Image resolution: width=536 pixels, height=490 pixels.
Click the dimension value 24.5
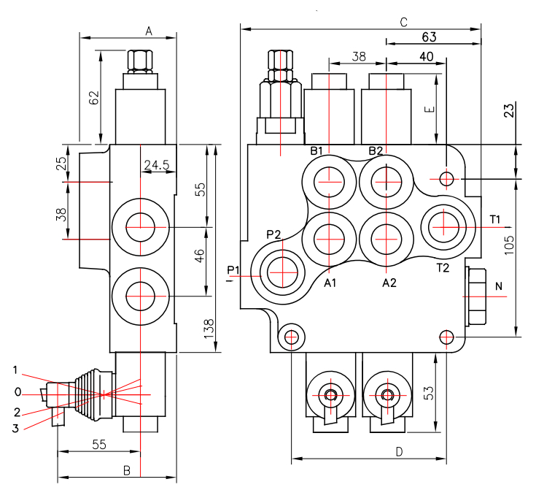[x=157, y=165]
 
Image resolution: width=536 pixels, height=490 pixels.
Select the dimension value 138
[x=209, y=329]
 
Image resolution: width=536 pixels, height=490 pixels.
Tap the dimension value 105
[x=509, y=245]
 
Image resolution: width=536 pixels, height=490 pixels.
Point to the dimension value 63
[x=429, y=37]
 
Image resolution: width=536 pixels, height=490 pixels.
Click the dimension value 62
[x=93, y=98]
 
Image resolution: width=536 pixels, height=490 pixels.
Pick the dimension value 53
[x=428, y=393]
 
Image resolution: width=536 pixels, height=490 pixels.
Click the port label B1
[x=316, y=150]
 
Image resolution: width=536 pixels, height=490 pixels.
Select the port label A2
[x=389, y=283]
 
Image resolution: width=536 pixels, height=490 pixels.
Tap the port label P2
[x=273, y=234]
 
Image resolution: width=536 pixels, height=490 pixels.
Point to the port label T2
[x=443, y=268]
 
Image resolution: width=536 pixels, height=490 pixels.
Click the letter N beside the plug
[x=499, y=286]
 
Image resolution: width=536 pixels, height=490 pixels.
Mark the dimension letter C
[x=404, y=23]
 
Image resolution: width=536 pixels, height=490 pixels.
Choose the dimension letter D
[x=399, y=452]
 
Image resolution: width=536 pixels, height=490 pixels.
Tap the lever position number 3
[x=15, y=429]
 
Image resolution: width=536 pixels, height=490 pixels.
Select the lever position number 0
[x=18, y=392]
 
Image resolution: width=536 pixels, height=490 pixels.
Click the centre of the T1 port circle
[x=443, y=226]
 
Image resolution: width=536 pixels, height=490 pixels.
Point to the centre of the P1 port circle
[x=282, y=272]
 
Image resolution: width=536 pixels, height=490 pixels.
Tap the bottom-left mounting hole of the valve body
[x=291, y=337]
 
